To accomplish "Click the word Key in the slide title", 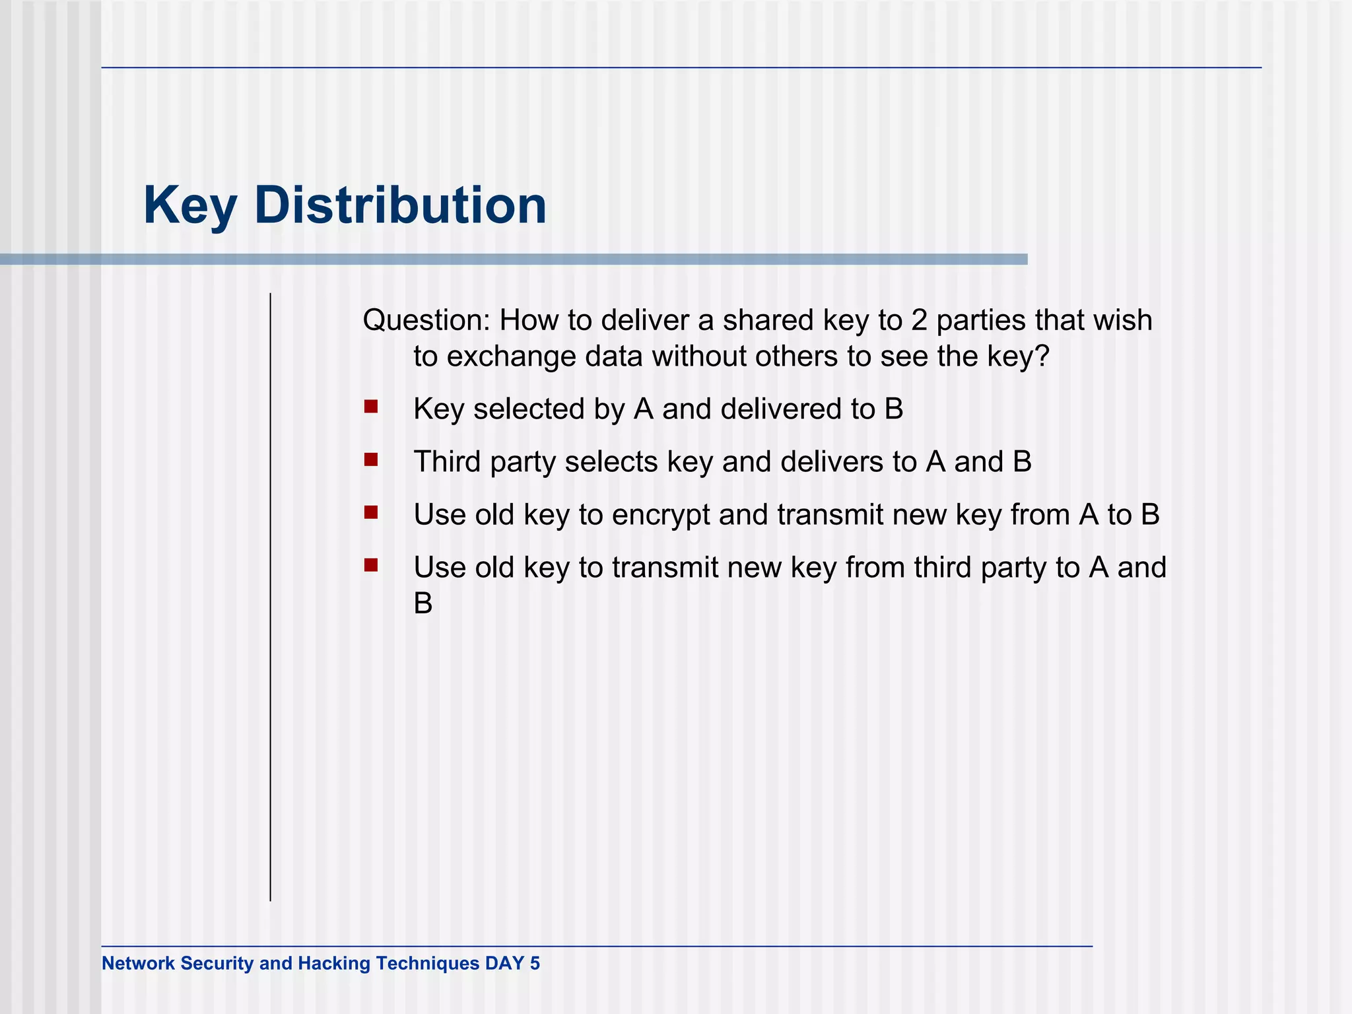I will coord(190,206).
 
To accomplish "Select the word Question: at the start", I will coord(426,321).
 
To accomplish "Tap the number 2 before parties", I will coord(919,321).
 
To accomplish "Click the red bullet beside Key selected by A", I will coord(370,406).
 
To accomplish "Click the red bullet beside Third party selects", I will coord(370,459).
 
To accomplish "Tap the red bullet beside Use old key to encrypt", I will coord(370,512).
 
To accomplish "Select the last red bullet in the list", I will coord(370,564).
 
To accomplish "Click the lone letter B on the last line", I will coord(423,603).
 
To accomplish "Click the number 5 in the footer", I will coord(535,964).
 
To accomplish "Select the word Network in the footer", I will coord(138,964).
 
